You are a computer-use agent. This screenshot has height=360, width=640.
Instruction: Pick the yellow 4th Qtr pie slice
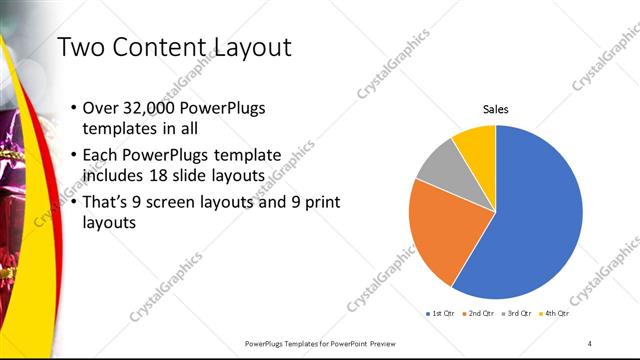(x=476, y=146)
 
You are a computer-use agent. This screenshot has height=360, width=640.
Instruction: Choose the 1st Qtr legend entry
(x=441, y=313)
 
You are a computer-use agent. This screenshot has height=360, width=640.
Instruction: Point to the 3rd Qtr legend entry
(x=516, y=313)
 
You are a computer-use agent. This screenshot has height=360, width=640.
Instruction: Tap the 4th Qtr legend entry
(x=554, y=313)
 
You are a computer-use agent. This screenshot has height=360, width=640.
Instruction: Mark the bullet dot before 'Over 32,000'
(x=76, y=108)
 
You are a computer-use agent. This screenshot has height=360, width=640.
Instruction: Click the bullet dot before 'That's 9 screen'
(x=76, y=202)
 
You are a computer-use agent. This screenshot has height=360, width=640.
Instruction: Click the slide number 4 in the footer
(x=590, y=343)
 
